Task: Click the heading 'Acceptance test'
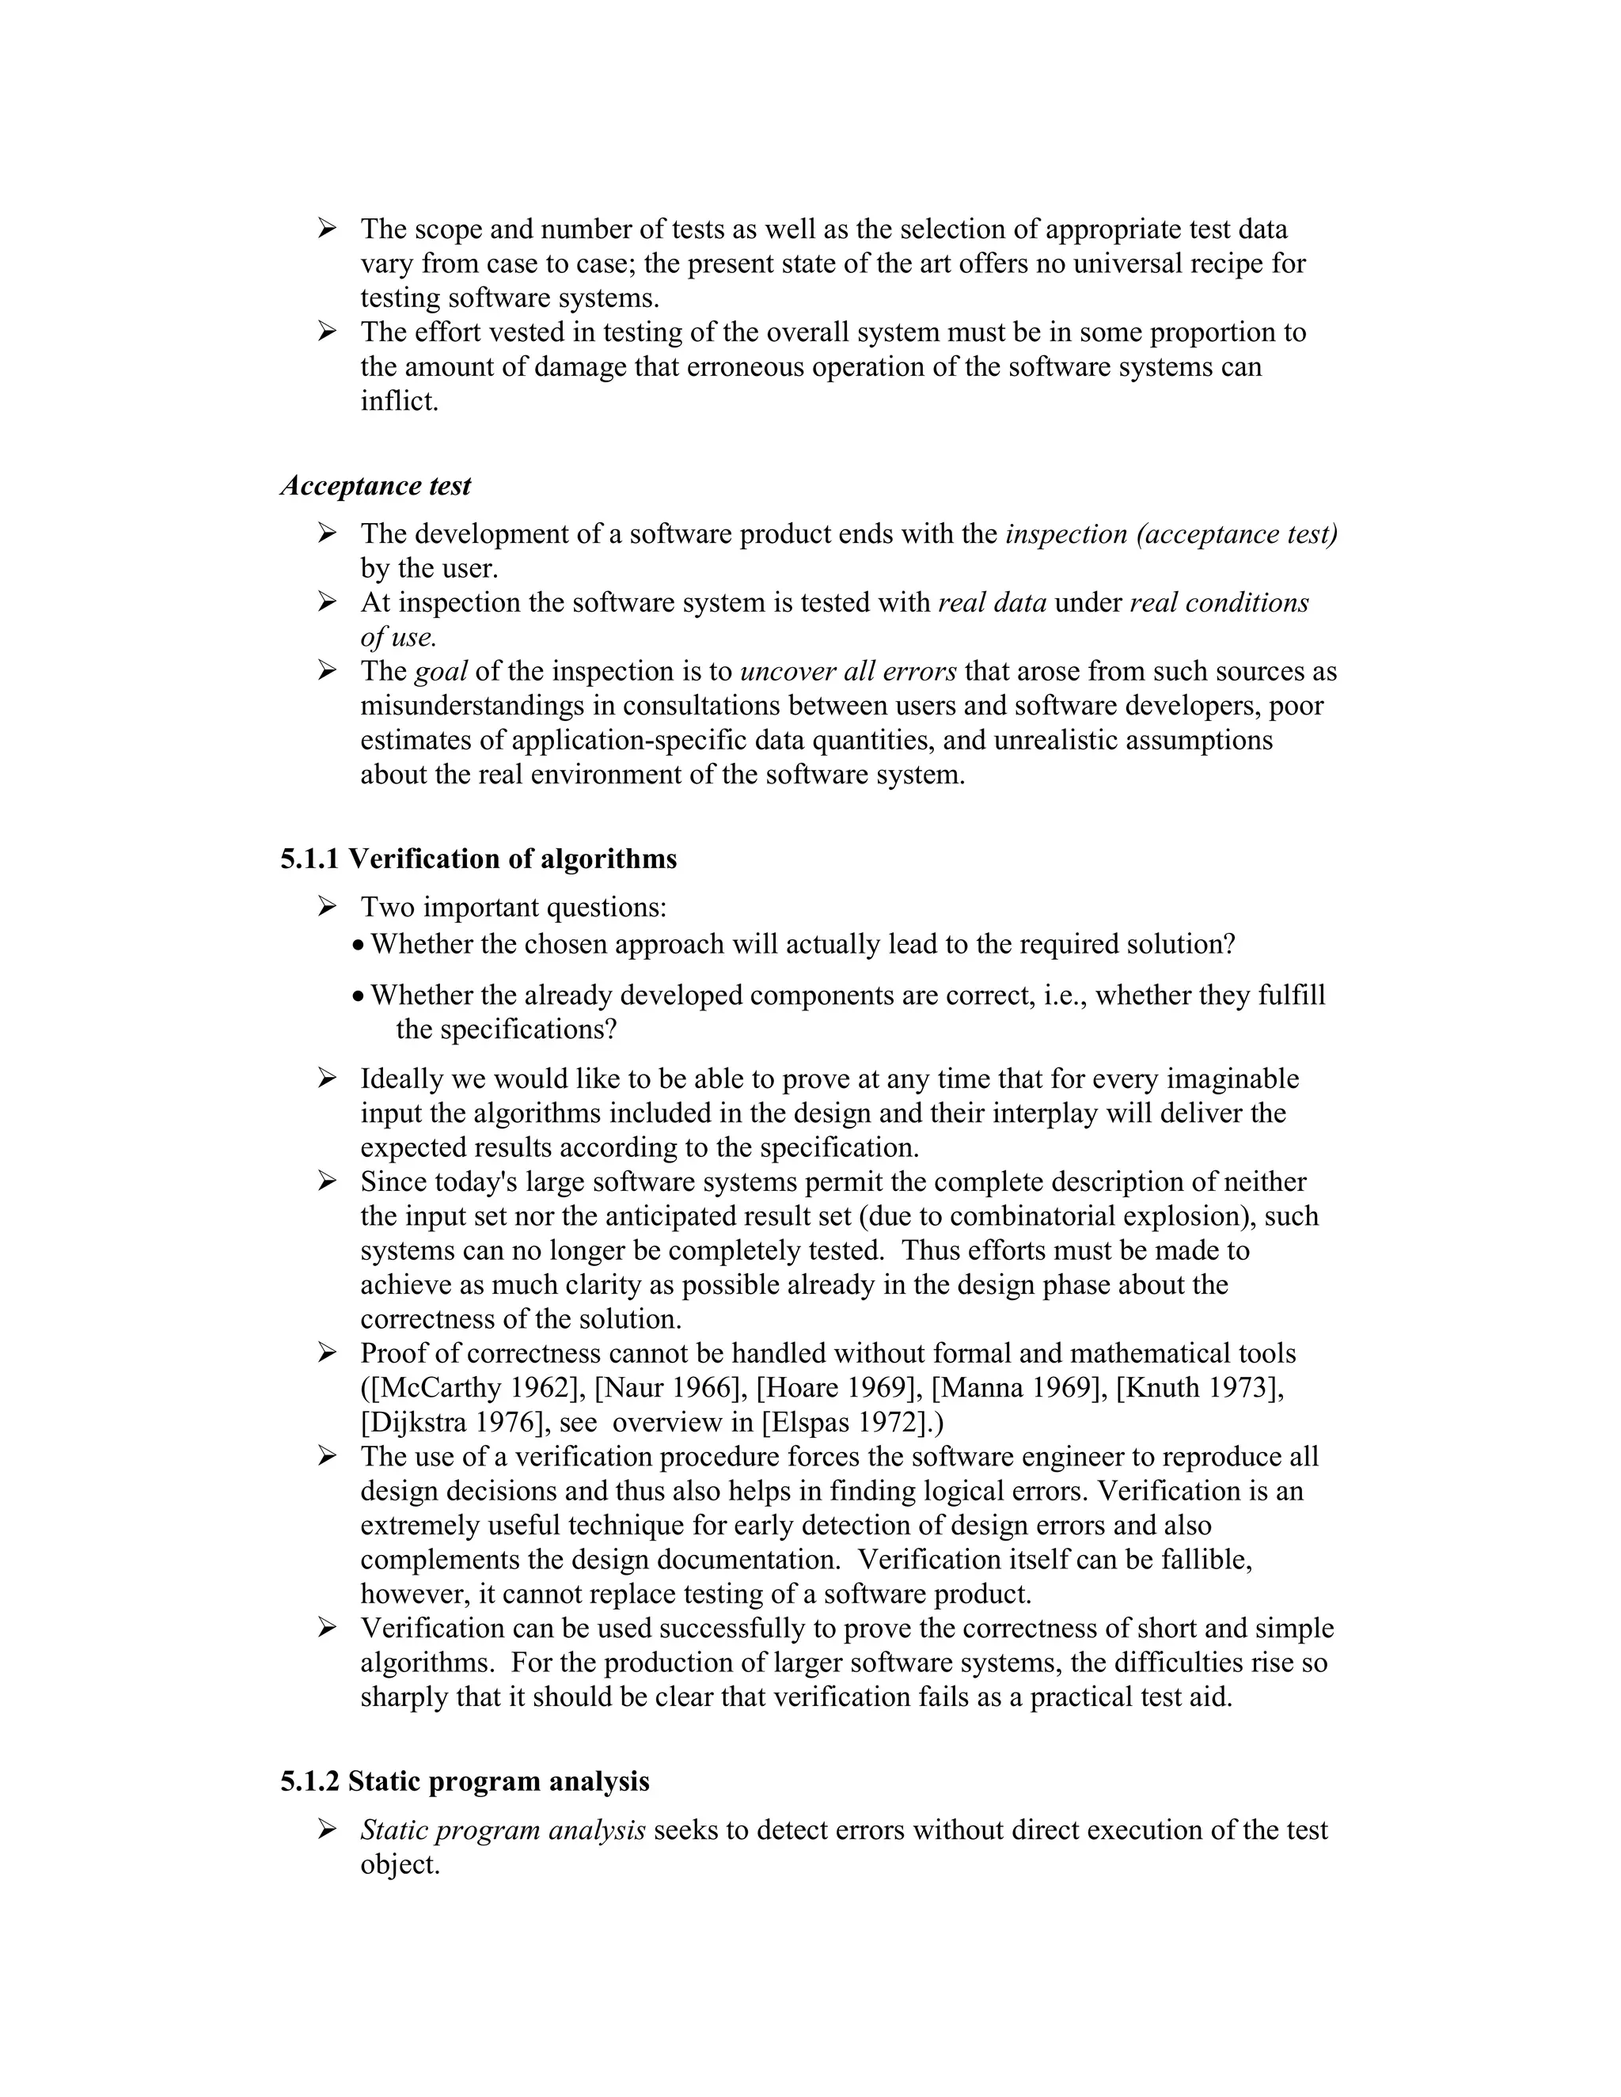(x=375, y=486)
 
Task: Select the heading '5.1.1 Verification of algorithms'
(x=478, y=859)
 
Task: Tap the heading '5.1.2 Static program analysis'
(x=465, y=1781)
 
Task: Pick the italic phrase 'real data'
(x=992, y=603)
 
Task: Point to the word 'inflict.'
(x=400, y=401)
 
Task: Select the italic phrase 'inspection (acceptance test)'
(x=1171, y=534)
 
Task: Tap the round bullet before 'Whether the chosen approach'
(x=359, y=946)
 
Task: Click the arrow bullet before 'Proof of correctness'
(x=328, y=1353)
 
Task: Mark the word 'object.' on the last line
(x=400, y=1864)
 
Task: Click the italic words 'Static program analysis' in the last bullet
(x=503, y=1830)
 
